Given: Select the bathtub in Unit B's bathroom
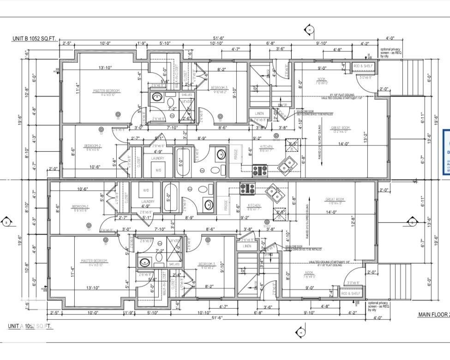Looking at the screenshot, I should tap(182, 162).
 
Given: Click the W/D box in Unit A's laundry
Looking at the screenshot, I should tap(146, 190).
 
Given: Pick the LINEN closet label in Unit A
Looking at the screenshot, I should tap(247, 246).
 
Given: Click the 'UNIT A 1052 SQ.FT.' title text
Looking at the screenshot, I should tap(30, 326).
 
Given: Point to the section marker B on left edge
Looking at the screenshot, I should tap(6, 222).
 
